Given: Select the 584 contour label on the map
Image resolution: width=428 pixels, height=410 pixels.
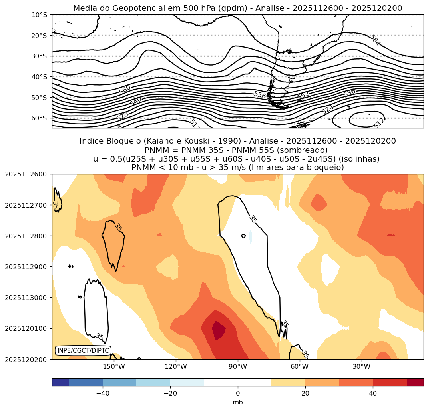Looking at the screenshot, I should click(375, 40).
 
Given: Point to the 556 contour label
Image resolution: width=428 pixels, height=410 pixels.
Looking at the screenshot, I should click(260, 95).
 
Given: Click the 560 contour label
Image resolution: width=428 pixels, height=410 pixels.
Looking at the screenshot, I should click(125, 90).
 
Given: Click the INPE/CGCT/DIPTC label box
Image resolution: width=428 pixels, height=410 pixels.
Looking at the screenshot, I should click(83, 351).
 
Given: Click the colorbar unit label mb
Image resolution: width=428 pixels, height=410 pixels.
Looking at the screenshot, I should click(238, 402).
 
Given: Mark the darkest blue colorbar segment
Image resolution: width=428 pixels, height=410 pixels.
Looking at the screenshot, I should click(60, 382).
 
